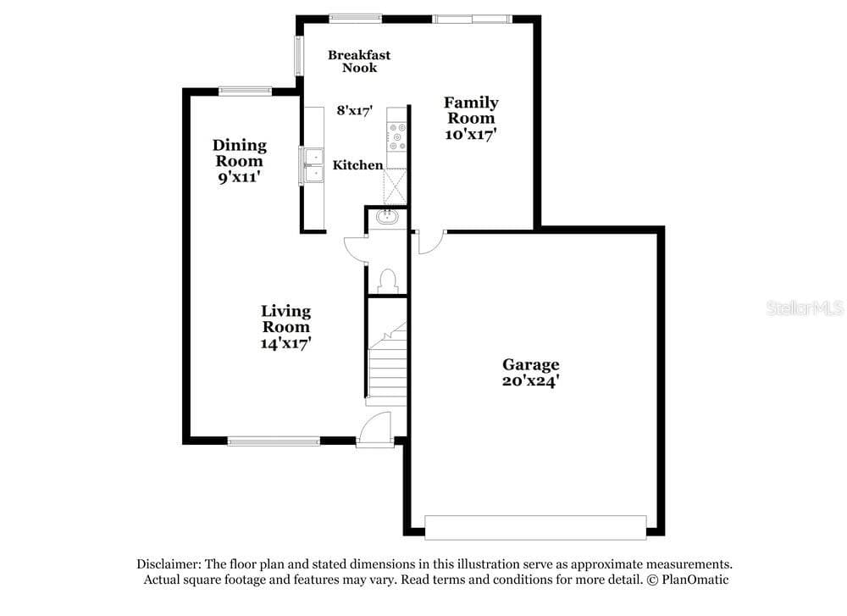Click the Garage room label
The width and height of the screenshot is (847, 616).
click(x=530, y=364)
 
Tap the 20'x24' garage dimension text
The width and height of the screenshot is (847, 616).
click(x=530, y=381)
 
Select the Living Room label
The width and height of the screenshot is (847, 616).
click(x=285, y=319)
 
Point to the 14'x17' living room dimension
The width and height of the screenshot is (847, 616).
click(x=285, y=343)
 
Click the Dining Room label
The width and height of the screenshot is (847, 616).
click(x=240, y=153)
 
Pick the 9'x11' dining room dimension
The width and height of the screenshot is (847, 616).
click(x=240, y=177)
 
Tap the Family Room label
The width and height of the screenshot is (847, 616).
click(x=471, y=110)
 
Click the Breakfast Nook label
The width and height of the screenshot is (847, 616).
click(x=359, y=61)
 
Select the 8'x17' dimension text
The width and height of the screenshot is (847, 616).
click(x=355, y=111)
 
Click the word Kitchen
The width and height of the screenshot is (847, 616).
click(x=357, y=165)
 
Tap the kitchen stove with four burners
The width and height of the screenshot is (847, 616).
click(x=397, y=136)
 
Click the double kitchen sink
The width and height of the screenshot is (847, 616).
click(x=313, y=165)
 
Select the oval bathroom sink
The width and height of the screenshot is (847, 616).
click(x=387, y=217)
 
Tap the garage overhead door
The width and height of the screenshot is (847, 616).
click(x=535, y=527)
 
